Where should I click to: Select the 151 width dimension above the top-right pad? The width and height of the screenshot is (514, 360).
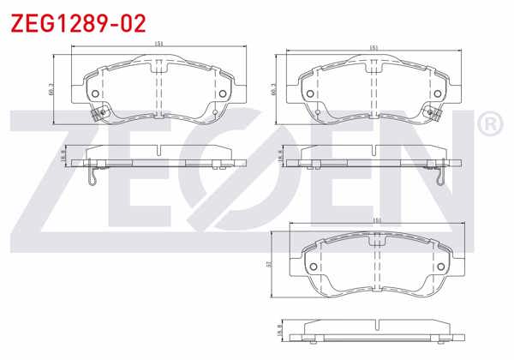[x=374, y=47]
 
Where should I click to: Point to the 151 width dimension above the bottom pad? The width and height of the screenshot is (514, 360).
[x=376, y=220]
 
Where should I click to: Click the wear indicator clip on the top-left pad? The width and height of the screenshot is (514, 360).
[x=99, y=112]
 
